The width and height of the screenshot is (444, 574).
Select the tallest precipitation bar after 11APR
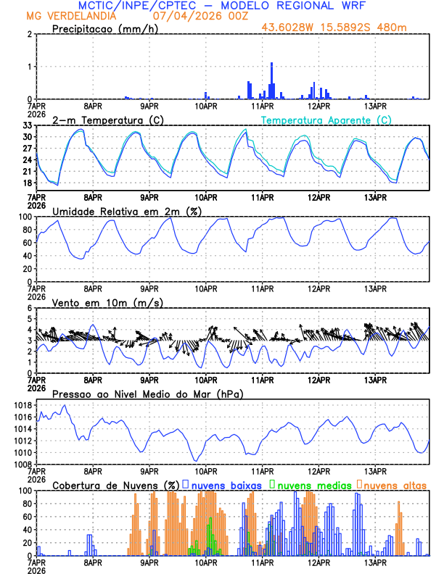click(x=272, y=81)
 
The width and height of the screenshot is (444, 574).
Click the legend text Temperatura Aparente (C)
click(x=326, y=120)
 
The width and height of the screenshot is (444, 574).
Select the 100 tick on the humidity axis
click(x=25, y=217)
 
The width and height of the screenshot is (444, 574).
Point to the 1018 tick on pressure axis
click(x=22, y=405)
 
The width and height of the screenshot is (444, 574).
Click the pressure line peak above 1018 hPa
click(x=65, y=405)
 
